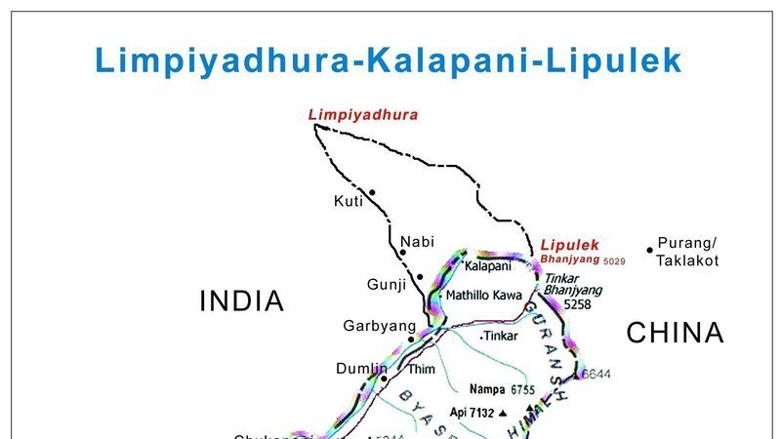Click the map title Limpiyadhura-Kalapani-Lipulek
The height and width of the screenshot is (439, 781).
[x=389, y=60]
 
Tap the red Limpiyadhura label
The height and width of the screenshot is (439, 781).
[x=363, y=115]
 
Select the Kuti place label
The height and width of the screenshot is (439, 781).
[x=348, y=201]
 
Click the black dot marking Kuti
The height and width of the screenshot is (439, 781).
[x=372, y=192]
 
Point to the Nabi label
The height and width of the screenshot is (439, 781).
[x=417, y=241]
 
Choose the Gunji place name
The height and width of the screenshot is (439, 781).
[x=386, y=283]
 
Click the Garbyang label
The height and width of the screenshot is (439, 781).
[x=373, y=326]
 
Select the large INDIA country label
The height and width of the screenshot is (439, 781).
[x=241, y=301]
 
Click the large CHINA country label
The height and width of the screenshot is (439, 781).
[x=675, y=334]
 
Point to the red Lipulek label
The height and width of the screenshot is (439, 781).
[x=568, y=245]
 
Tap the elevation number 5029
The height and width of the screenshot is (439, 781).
[x=614, y=261]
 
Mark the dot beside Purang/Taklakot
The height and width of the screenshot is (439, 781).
[x=649, y=250]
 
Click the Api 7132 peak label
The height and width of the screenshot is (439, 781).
[x=473, y=413]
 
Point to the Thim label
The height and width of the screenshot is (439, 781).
[x=421, y=370]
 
